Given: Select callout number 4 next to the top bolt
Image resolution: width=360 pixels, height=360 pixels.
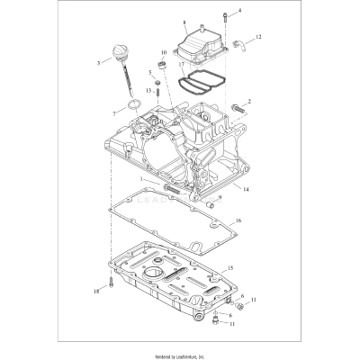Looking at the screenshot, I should (213, 11).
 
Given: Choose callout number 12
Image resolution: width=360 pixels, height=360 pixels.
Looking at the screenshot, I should (258, 37).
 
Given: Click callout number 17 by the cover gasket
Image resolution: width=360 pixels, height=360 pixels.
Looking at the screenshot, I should (181, 66).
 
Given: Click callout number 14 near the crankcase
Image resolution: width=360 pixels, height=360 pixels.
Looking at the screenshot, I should (247, 190).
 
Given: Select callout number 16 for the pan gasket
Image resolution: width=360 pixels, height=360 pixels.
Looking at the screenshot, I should (238, 220).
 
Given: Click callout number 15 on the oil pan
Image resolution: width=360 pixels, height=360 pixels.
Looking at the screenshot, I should (229, 268).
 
